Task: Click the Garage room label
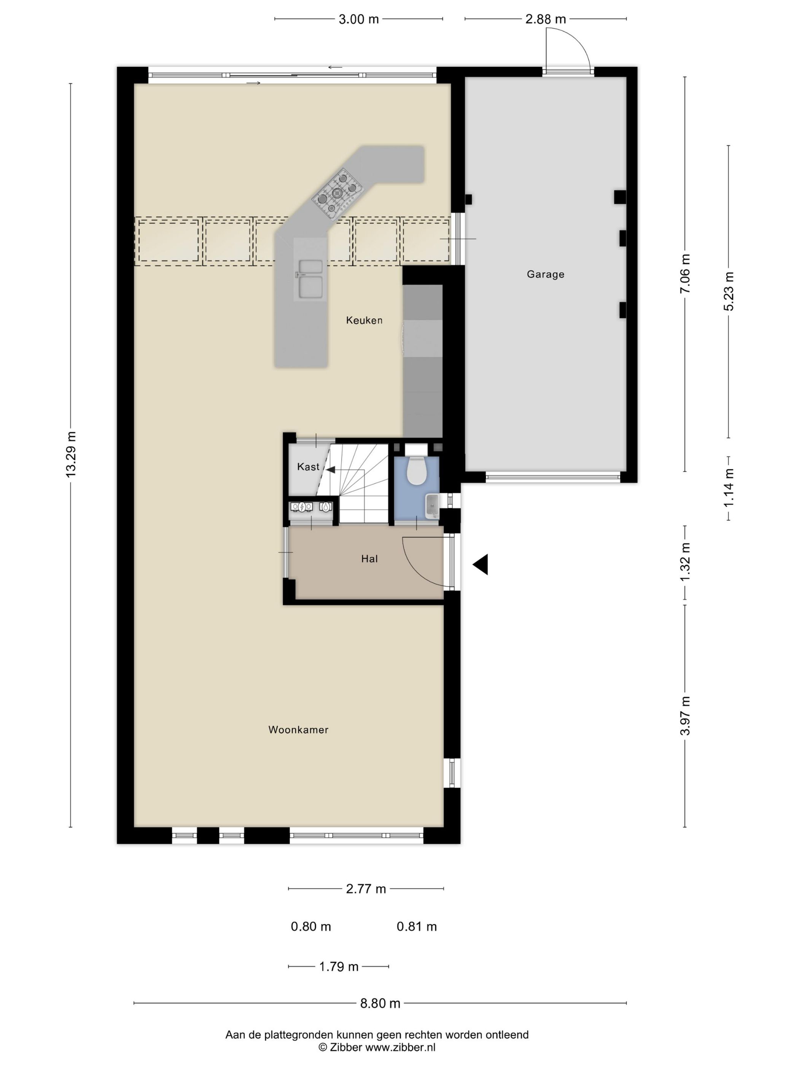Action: [545, 275]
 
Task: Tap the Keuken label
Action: [364, 320]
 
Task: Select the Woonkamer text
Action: [298, 730]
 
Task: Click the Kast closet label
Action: [308, 467]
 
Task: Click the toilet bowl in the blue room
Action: [416, 471]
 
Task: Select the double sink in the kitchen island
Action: [310, 279]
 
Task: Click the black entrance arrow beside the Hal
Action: [480, 564]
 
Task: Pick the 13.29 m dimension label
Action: [71, 455]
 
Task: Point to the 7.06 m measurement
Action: [685, 273]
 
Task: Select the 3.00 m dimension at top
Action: [358, 19]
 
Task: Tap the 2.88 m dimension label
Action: [545, 19]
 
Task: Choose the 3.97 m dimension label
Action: [685, 715]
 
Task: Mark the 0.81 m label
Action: [417, 926]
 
